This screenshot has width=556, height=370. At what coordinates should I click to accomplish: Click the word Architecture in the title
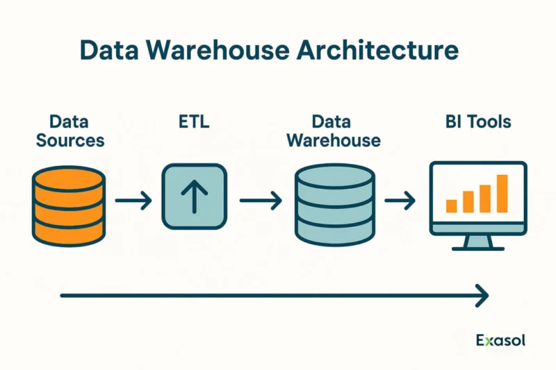[x=377, y=50]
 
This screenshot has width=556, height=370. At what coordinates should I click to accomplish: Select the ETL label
[x=194, y=121]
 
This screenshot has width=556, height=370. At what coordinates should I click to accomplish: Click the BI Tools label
[x=478, y=121]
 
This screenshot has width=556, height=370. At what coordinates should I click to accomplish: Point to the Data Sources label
[x=70, y=131]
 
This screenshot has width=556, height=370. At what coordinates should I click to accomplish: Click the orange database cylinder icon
[x=69, y=206]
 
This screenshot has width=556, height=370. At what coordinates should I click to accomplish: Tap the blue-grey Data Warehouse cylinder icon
[x=335, y=205]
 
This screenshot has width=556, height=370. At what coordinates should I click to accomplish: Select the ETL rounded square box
[x=195, y=196]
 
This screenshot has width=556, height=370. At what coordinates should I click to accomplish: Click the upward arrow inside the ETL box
[x=195, y=196]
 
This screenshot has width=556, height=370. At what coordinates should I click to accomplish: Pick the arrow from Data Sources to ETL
[x=133, y=201]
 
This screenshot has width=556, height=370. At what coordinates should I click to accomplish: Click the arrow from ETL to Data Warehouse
[x=261, y=201]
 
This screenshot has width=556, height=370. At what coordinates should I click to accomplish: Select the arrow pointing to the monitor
[x=400, y=201]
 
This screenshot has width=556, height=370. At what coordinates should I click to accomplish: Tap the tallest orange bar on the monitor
[x=502, y=194]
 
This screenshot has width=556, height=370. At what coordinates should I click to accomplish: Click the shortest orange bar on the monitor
[x=451, y=206]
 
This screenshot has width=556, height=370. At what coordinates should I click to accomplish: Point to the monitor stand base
[x=478, y=249]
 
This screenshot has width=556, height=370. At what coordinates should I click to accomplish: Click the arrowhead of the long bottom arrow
[x=482, y=295]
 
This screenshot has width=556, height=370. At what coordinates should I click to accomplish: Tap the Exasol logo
[x=500, y=340]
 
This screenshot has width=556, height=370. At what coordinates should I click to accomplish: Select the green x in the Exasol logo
[x=489, y=342]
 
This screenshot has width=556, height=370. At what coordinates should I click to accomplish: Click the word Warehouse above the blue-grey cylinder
[x=334, y=140]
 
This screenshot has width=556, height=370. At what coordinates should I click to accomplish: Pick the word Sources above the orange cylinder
[x=70, y=140]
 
